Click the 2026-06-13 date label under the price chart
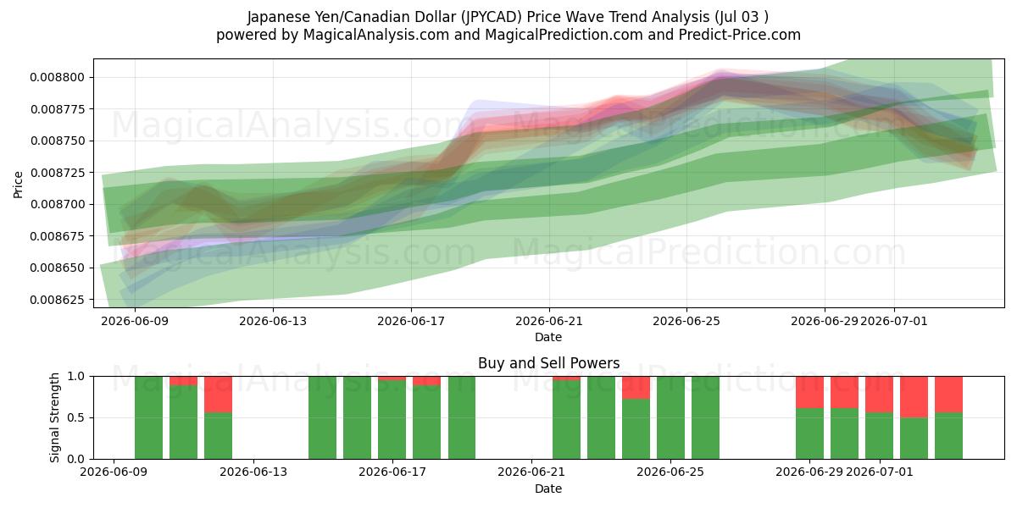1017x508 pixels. [x=273, y=321]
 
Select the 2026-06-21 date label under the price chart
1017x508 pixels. [x=549, y=321]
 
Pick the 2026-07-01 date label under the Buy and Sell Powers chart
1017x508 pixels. [x=880, y=472]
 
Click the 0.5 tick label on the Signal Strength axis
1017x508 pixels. [x=75, y=417]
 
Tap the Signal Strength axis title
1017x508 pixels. [x=54, y=417]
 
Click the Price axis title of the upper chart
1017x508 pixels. [x=18, y=185]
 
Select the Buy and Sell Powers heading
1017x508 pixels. [x=549, y=363]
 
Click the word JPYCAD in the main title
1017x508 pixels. [x=492, y=17]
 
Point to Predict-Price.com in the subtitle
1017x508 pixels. [x=740, y=35]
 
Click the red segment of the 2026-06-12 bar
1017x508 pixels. [x=218, y=395]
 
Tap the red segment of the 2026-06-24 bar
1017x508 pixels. [x=636, y=388]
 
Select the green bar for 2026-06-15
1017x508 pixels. [x=322, y=417]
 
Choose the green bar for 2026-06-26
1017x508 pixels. [x=705, y=417]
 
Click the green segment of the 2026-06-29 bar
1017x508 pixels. [x=809, y=433]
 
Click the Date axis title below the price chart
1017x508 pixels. [x=548, y=337]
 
